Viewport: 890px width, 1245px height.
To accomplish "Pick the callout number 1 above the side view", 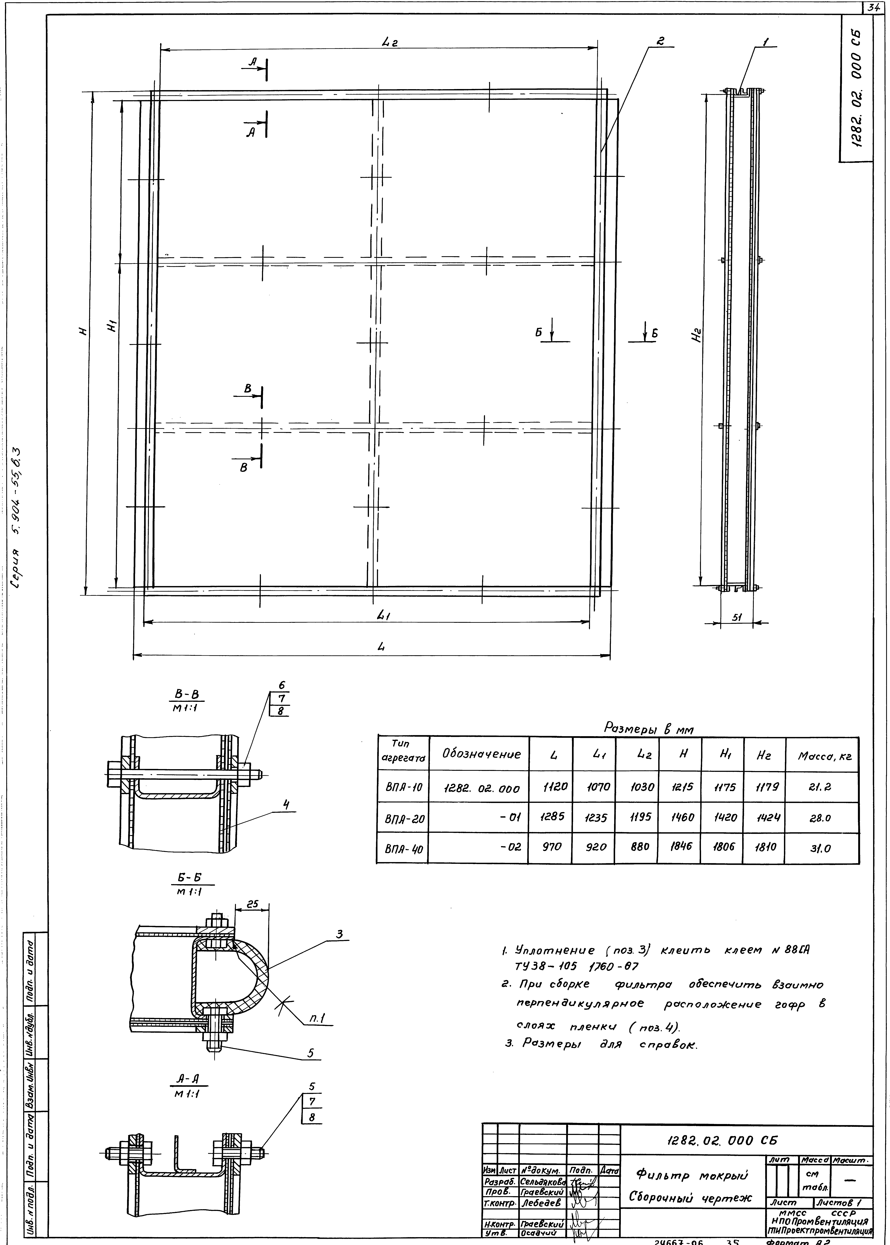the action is pyautogui.click(x=766, y=41).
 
